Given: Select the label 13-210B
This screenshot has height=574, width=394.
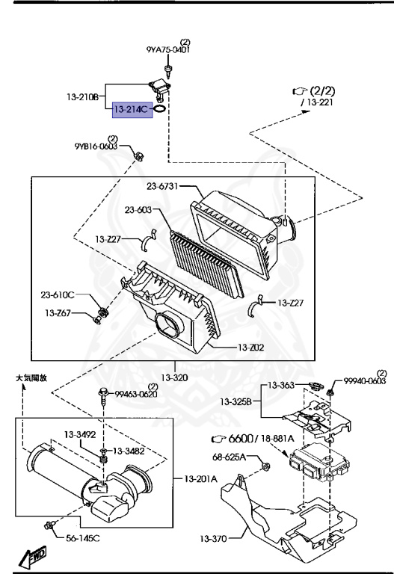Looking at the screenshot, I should [x=83, y=96].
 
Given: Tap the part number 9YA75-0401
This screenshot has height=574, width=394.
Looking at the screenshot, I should [x=167, y=50].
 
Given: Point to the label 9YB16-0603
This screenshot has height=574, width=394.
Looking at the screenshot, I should [x=95, y=147].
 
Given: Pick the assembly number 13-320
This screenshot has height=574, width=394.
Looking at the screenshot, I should [x=176, y=377].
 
